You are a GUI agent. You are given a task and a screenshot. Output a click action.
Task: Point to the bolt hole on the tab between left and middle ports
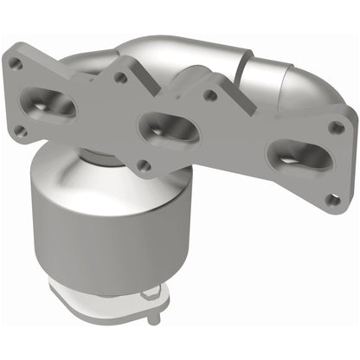pos(120,78)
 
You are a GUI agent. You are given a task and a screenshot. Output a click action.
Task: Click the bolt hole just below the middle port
pos(146,164)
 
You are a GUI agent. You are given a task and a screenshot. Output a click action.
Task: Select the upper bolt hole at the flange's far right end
pos(337,127)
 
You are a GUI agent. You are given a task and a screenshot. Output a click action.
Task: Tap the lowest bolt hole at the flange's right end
pos(331,200)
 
